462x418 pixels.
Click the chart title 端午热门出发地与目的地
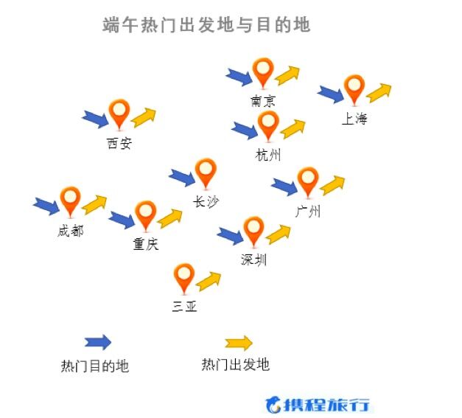(206, 25)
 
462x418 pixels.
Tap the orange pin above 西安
(119, 114)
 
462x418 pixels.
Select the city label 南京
(263, 101)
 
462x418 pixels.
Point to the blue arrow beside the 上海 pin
(330, 94)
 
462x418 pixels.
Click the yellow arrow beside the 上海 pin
(379, 91)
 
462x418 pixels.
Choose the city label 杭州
(268, 154)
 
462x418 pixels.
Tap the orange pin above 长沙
(206, 173)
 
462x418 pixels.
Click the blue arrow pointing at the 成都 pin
(46, 204)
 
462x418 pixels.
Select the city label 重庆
(146, 244)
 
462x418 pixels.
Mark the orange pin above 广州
(307, 181)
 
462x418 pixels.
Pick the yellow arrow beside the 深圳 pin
(279, 234)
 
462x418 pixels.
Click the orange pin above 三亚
(183, 278)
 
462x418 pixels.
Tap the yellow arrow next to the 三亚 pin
(209, 280)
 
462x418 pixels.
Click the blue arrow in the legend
(97, 342)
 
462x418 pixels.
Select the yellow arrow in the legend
(238, 343)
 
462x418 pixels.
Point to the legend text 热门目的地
(95, 366)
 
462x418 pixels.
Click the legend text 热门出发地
(235, 364)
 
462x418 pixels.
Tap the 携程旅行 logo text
(329, 405)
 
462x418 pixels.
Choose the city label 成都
(70, 231)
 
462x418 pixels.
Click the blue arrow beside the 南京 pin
(238, 75)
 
